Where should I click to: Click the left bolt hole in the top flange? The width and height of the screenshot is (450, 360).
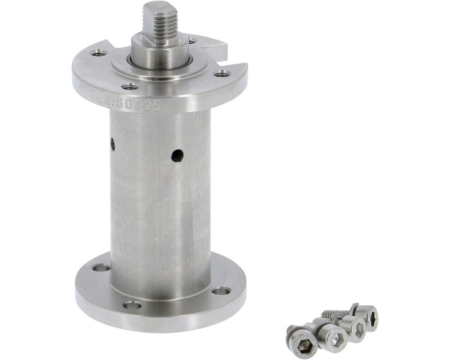[98, 53]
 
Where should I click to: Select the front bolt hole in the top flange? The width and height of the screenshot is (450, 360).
[130, 87]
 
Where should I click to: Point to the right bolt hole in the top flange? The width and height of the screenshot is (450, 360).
[221, 75]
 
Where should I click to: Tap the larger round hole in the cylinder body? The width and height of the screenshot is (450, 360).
[177, 154]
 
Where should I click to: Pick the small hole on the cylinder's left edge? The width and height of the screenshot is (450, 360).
[113, 144]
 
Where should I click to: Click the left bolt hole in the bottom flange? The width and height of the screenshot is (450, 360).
[101, 267]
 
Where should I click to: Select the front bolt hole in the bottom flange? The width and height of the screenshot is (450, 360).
[132, 304]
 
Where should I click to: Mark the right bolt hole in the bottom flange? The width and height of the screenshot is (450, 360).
[221, 291]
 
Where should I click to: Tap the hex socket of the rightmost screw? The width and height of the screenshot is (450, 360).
[371, 317]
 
